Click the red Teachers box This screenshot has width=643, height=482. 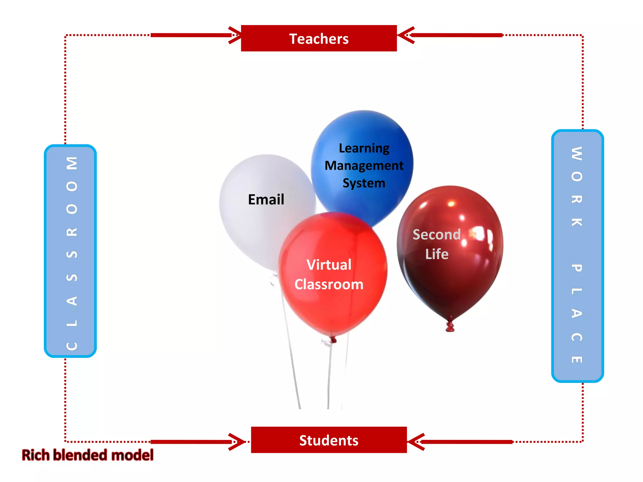click(x=319, y=38)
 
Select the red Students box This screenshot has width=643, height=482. click(x=329, y=440)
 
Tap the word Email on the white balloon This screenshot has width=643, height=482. click(x=266, y=200)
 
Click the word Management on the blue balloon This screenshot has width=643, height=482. click(x=364, y=166)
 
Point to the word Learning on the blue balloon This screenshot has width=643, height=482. click(x=364, y=148)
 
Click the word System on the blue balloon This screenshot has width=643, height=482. click(x=364, y=183)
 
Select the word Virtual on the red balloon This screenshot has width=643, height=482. click(x=329, y=265)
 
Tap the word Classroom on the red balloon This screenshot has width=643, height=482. click(x=329, y=284)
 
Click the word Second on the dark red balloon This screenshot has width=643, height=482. click(x=436, y=234)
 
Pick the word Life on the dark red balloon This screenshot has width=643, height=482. click(x=436, y=254)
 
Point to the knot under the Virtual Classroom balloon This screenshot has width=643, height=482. click(x=333, y=340)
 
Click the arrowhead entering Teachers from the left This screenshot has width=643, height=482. click(x=235, y=35)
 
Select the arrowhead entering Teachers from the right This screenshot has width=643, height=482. click(x=405, y=35)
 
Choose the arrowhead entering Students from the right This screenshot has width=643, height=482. click(x=415, y=442)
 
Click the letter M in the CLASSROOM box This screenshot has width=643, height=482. click(x=72, y=163)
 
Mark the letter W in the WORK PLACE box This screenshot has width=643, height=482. click(x=577, y=153)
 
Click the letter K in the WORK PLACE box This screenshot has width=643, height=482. click(x=577, y=222)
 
